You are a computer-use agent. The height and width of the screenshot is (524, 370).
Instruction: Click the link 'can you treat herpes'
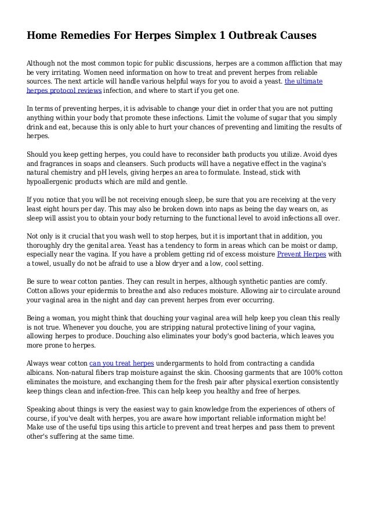tap(121, 363)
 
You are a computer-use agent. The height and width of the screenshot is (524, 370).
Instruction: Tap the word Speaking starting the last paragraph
tap(43, 409)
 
